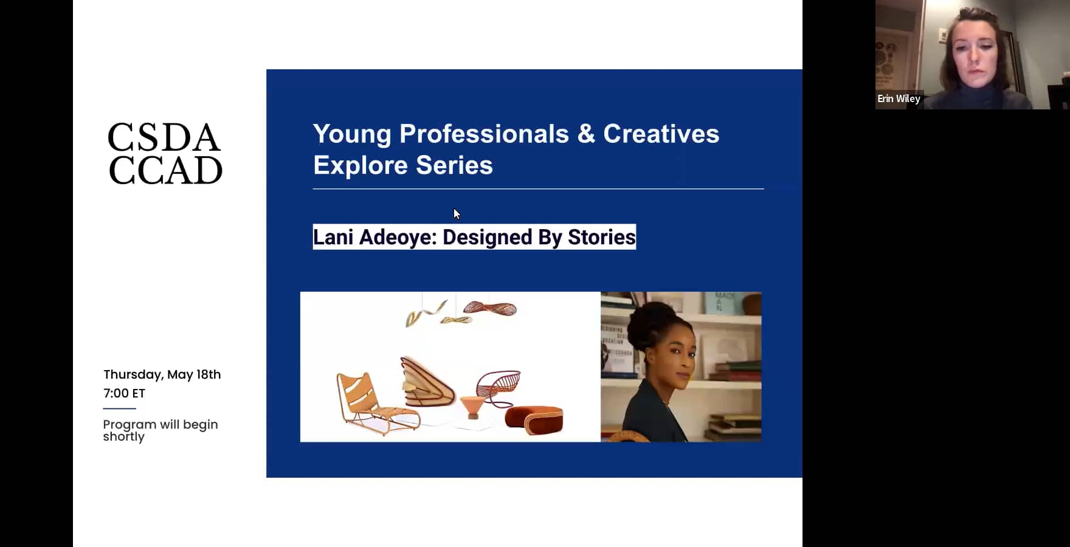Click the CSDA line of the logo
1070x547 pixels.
(164, 138)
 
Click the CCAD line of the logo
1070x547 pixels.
(165, 170)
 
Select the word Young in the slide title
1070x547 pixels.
(351, 134)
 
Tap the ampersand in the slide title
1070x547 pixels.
(585, 134)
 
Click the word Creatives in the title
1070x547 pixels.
(661, 134)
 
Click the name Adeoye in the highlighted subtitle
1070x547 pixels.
(398, 237)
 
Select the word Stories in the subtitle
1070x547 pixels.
(601, 237)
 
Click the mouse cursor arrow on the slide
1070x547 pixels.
(457, 213)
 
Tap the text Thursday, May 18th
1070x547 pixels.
(162, 374)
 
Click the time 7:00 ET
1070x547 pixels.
(124, 393)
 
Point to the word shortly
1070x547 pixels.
(123, 437)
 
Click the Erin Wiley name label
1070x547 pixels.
(899, 98)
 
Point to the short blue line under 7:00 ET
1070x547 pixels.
(119, 408)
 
